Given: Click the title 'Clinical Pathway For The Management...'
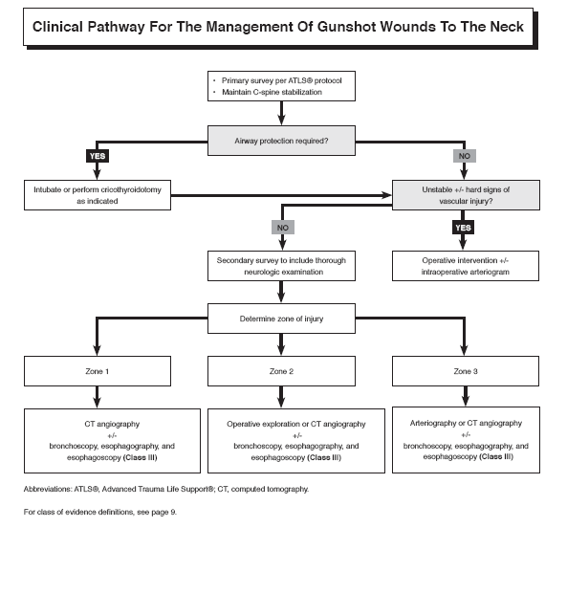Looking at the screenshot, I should [x=277, y=27].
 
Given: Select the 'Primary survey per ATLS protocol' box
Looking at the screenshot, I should [x=280, y=87].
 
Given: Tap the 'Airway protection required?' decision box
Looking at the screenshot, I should [x=280, y=141].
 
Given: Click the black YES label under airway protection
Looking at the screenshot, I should [x=97, y=156].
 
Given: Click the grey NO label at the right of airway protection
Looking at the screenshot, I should [x=464, y=156].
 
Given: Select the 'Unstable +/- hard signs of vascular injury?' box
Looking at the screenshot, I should [x=465, y=196].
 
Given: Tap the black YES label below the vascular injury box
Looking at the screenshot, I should [x=464, y=229].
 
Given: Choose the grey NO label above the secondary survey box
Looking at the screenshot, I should [x=281, y=229].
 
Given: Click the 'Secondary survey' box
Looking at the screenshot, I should [x=281, y=265].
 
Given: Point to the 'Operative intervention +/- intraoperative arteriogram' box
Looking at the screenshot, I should [x=465, y=265].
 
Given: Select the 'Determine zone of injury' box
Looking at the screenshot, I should [x=281, y=318].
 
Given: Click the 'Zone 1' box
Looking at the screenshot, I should [x=97, y=370].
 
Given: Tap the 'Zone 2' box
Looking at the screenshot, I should [x=281, y=370].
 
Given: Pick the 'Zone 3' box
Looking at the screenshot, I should [x=465, y=370].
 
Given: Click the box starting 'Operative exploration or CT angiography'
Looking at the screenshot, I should [x=281, y=440].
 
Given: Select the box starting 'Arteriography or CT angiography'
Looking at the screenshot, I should [x=465, y=439].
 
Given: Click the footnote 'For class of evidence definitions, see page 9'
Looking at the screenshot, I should [x=100, y=512].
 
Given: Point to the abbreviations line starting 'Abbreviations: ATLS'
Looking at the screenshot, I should [x=165, y=489].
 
